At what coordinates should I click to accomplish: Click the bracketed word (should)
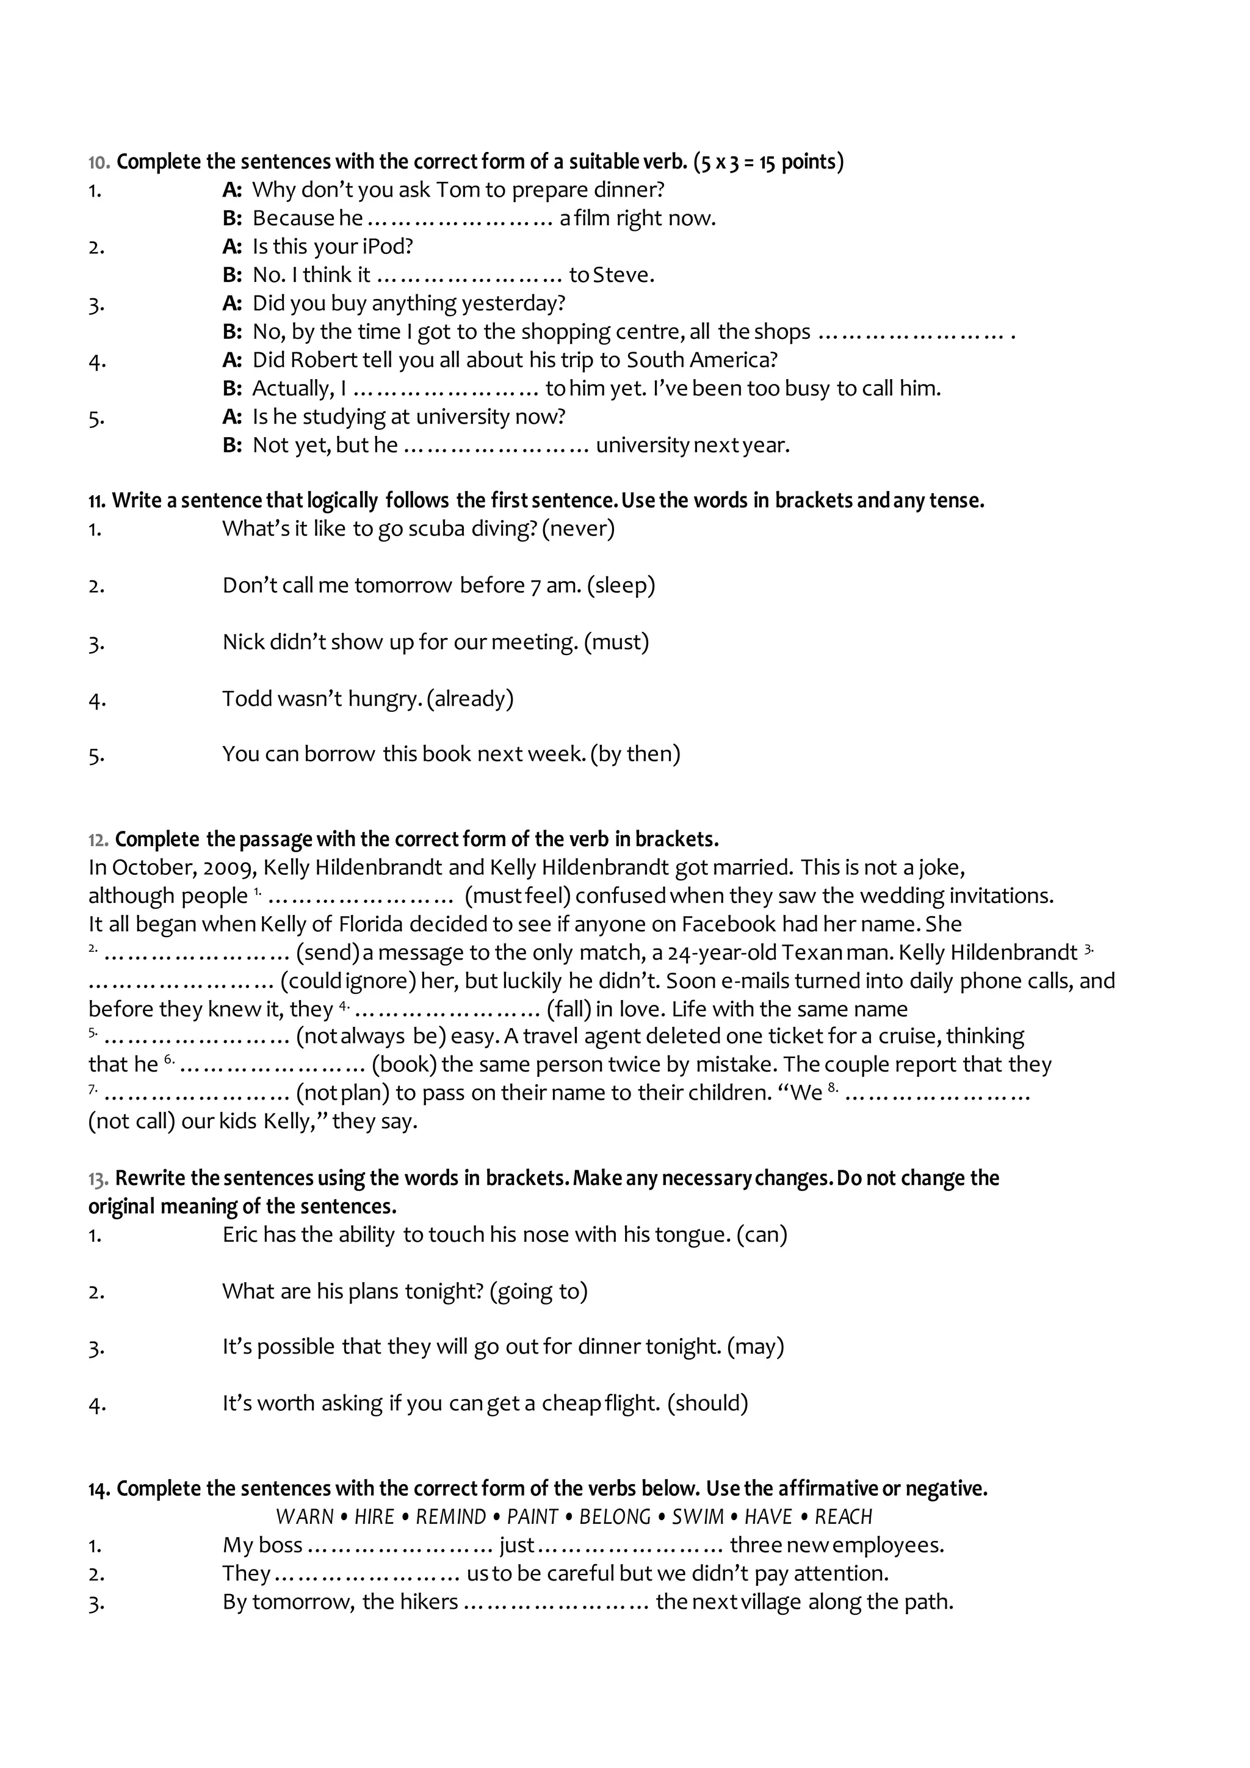pyautogui.click(x=707, y=1403)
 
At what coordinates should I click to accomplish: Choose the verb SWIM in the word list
pyautogui.click(x=698, y=1517)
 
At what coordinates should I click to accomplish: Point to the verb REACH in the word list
pyautogui.click(x=844, y=1517)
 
